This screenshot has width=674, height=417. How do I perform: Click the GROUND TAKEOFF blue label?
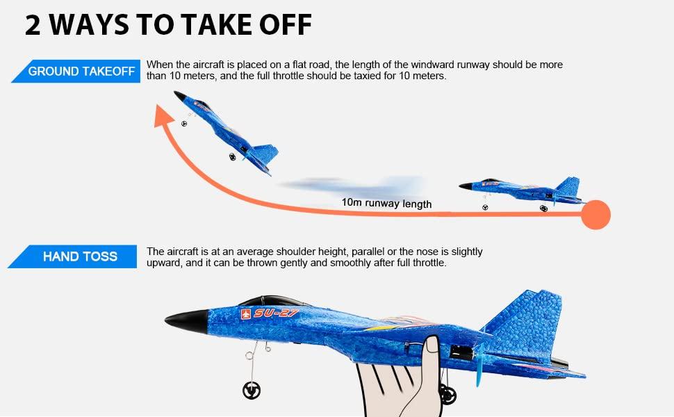click(81, 72)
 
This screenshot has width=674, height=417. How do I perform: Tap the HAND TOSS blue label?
click(80, 256)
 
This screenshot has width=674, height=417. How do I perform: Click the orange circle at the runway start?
click(595, 215)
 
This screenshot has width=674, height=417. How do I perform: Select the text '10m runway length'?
click(386, 204)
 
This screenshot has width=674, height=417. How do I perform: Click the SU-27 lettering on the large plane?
click(276, 313)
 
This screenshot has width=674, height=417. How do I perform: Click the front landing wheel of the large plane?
click(252, 391)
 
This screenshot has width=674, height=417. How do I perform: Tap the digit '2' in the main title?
click(33, 25)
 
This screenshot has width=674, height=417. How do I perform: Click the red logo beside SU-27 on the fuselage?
click(245, 314)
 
